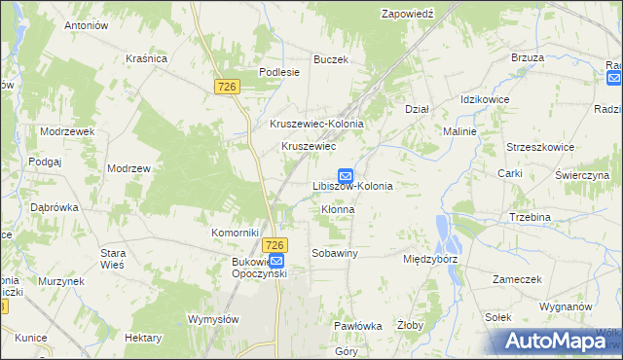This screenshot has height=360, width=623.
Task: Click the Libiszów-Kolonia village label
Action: (x=351, y=185)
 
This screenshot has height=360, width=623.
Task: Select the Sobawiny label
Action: (x=335, y=253)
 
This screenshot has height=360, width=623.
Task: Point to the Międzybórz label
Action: (x=430, y=260)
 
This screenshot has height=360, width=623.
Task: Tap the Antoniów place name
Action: (x=85, y=25)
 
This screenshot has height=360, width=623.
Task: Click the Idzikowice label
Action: (x=487, y=100)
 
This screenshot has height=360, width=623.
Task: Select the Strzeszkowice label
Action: (x=539, y=146)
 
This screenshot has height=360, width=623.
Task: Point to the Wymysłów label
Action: (x=213, y=318)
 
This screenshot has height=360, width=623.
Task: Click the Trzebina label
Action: (x=530, y=217)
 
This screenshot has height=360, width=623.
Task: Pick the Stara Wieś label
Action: (x=114, y=259)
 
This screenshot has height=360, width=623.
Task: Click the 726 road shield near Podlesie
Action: (x=227, y=87)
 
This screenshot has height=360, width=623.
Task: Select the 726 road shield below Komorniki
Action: (x=275, y=245)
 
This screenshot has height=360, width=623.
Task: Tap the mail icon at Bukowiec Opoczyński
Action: (x=276, y=262)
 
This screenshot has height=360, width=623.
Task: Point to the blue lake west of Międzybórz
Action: (x=447, y=232)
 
